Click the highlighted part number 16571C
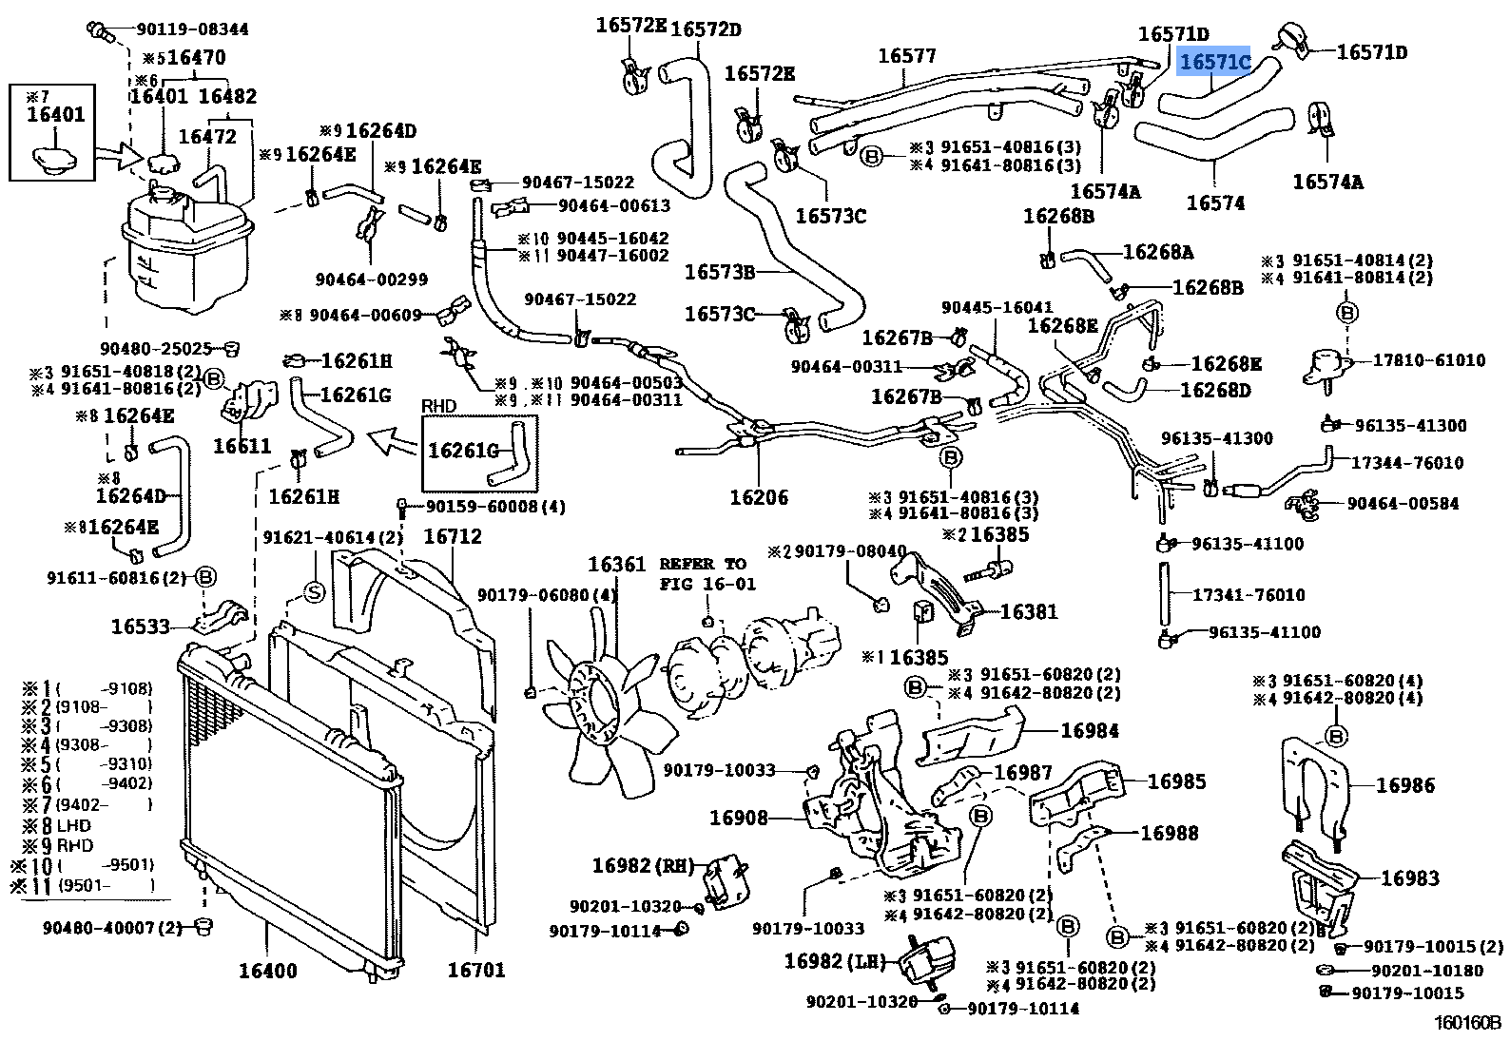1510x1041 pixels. click(1214, 62)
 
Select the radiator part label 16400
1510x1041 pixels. click(267, 971)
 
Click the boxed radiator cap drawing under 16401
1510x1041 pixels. click(52, 153)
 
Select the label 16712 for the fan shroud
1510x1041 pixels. click(452, 536)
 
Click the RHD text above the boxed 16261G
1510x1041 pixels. click(438, 406)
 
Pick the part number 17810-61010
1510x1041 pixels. click(1428, 360)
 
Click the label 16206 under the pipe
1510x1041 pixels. click(758, 497)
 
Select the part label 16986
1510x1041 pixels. click(1404, 785)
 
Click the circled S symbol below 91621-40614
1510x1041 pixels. click(313, 591)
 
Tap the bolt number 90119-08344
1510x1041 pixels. click(186, 29)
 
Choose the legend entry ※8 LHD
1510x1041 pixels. click(62, 826)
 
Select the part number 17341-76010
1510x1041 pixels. click(1249, 595)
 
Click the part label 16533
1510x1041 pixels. click(140, 627)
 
